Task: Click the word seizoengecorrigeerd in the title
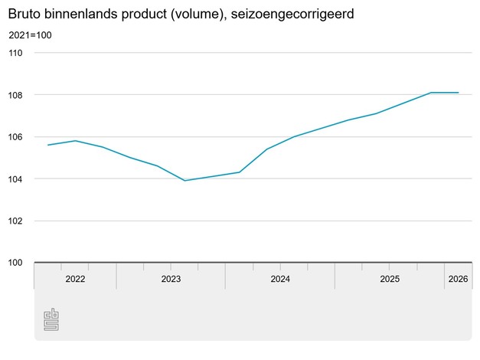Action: (x=292, y=14)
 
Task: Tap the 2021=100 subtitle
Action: (x=30, y=35)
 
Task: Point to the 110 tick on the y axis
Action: (x=15, y=53)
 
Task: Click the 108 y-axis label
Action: (x=15, y=95)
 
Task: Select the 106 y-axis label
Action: (x=15, y=137)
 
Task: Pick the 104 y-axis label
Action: (x=15, y=179)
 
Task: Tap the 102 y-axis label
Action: (x=15, y=221)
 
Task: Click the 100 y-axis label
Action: (x=15, y=263)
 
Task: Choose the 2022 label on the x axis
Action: (x=75, y=279)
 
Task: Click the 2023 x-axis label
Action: (x=171, y=279)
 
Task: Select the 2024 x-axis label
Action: (x=280, y=279)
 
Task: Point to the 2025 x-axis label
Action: (x=390, y=279)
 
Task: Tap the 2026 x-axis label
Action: (x=459, y=279)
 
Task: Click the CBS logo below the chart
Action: (x=51, y=319)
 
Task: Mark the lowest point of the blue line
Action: (x=185, y=181)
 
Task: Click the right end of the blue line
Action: (x=459, y=93)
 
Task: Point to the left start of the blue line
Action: (x=48, y=145)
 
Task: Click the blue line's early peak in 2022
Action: (x=75, y=141)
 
